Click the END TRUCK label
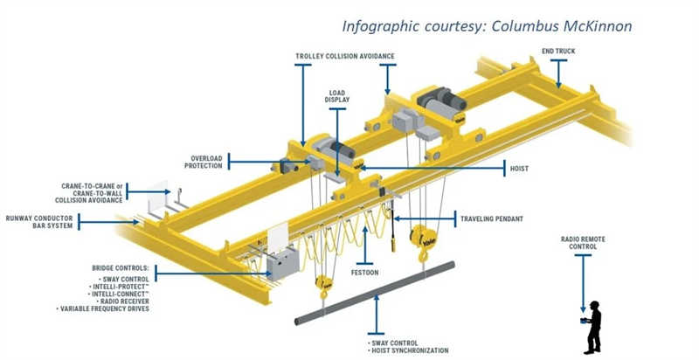click(x=558, y=51)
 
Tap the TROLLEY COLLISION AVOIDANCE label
click(x=345, y=56)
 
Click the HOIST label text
click(x=519, y=165)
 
